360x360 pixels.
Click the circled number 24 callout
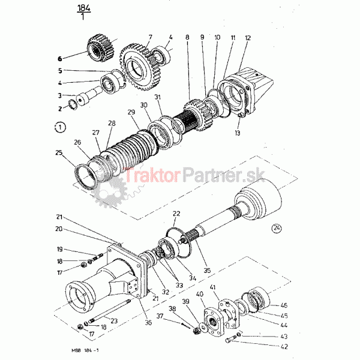[x=275, y=227]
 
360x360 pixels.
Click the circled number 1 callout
[x=58, y=127]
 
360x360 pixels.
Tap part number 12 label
[x=247, y=38]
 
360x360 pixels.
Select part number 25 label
[x=58, y=154]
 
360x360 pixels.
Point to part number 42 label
[x=284, y=346]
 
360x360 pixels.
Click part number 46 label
[x=284, y=305]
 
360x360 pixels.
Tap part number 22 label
[x=176, y=213]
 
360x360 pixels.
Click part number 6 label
[x=59, y=59]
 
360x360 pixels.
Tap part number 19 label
[x=60, y=249]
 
